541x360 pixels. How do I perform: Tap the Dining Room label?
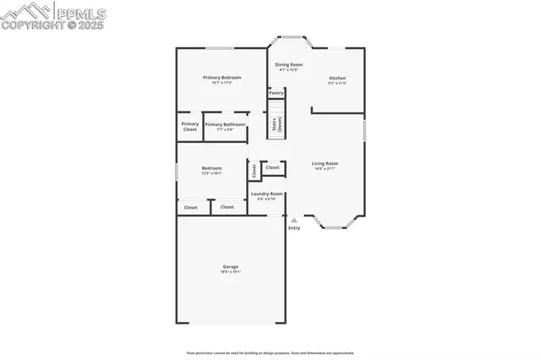289,64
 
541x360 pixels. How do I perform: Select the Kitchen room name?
336,78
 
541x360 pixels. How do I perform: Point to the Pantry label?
276,92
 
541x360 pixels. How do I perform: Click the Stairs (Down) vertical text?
276,125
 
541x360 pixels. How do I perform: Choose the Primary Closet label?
190,127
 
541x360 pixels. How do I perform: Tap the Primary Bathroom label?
225,124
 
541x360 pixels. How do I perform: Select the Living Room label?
325,163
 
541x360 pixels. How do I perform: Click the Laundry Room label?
267,194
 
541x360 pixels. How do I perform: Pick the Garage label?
230,266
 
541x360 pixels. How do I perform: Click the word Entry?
294,228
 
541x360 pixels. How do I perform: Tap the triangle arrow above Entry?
294,220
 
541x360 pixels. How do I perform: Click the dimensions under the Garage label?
230,272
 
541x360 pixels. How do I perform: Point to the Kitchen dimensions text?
336,84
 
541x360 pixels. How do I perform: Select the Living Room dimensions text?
325,169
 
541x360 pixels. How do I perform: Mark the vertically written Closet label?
254,170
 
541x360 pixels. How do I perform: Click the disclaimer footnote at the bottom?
270,352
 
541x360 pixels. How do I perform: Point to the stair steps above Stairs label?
276,107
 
